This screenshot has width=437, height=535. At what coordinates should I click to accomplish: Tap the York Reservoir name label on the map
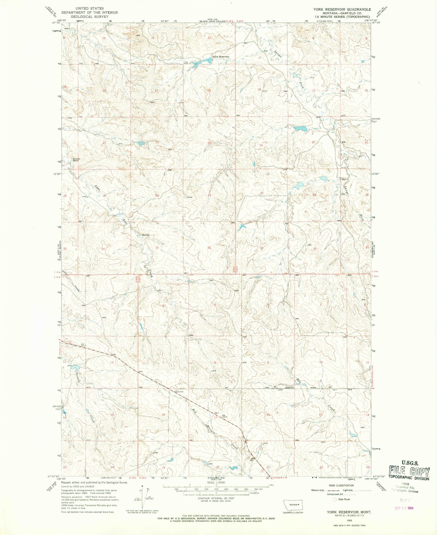click(221, 57)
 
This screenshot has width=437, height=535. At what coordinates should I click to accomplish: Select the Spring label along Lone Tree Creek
click(145, 235)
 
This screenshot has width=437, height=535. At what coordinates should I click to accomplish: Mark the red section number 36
click(209, 248)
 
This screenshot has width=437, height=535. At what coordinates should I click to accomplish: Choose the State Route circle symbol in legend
click(335, 499)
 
